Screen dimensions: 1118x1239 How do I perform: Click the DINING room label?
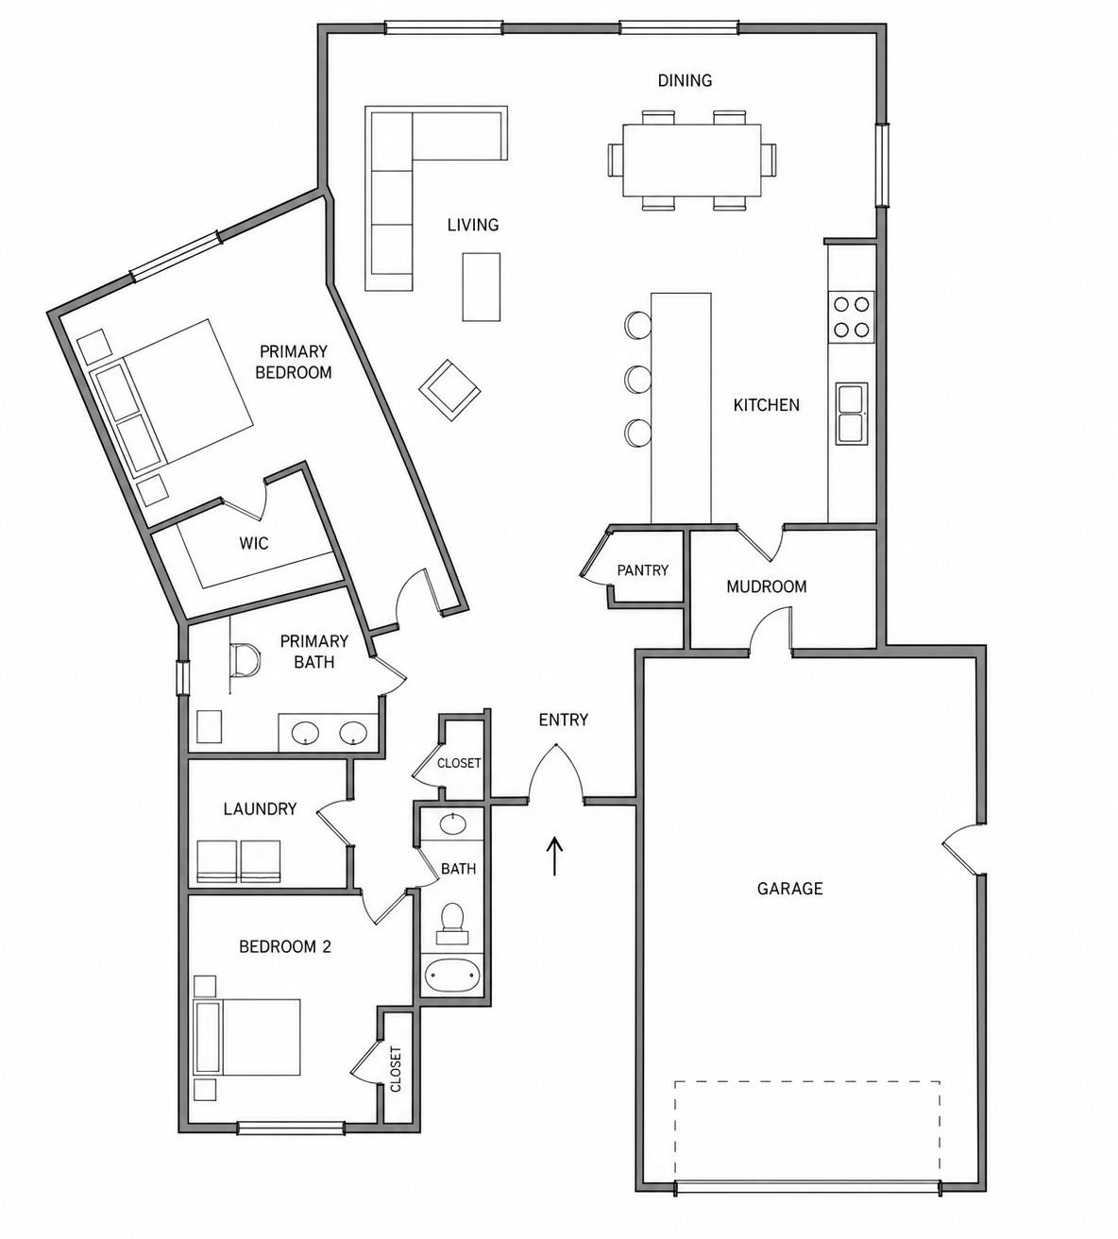(x=685, y=80)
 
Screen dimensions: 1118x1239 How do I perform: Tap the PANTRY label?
(x=642, y=570)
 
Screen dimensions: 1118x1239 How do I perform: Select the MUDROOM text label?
(x=766, y=586)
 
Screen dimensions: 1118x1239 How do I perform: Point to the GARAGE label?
(x=790, y=889)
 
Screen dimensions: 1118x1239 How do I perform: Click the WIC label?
(x=254, y=544)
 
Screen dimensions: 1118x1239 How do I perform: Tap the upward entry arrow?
(x=554, y=856)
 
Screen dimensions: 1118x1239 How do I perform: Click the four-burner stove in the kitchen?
(x=852, y=317)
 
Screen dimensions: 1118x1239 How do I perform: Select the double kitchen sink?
(x=852, y=414)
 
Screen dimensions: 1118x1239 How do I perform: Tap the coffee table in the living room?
(x=482, y=286)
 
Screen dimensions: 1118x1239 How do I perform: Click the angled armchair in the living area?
(x=449, y=390)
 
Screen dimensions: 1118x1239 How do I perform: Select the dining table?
(x=692, y=161)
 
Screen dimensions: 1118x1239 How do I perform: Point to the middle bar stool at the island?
(x=638, y=379)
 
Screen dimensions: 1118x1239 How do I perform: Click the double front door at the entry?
(x=556, y=773)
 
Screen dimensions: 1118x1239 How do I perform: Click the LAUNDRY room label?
(x=260, y=808)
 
